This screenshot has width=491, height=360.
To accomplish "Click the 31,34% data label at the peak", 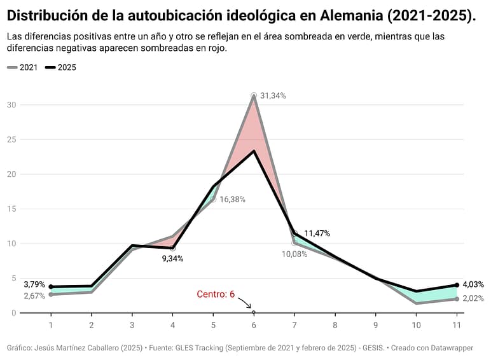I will (x=273, y=96).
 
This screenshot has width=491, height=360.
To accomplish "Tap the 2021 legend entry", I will (x=24, y=67).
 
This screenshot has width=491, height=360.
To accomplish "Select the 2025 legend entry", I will (x=62, y=67).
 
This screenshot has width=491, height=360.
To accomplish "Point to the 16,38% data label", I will (x=232, y=199).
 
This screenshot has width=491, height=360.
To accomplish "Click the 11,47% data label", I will (x=317, y=233).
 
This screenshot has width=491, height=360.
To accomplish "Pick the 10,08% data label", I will (x=294, y=254).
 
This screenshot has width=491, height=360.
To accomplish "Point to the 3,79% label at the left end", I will (x=34, y=284).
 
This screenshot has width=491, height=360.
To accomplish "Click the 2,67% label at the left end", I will (x=34, y=296).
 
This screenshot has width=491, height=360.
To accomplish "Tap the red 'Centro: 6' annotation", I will (x=216, y=294).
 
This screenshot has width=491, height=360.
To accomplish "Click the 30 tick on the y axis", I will (x=12, y=105).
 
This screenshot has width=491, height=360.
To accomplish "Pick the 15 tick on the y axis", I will (x=12, y=209).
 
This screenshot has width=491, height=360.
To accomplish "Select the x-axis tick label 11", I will (x=457, y=324).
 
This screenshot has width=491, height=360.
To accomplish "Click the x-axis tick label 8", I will (x=335, y=324).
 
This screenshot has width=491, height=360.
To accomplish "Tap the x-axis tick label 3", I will (x=132, y=324).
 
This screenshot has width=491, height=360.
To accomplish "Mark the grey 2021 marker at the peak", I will (x=254, y=95).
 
